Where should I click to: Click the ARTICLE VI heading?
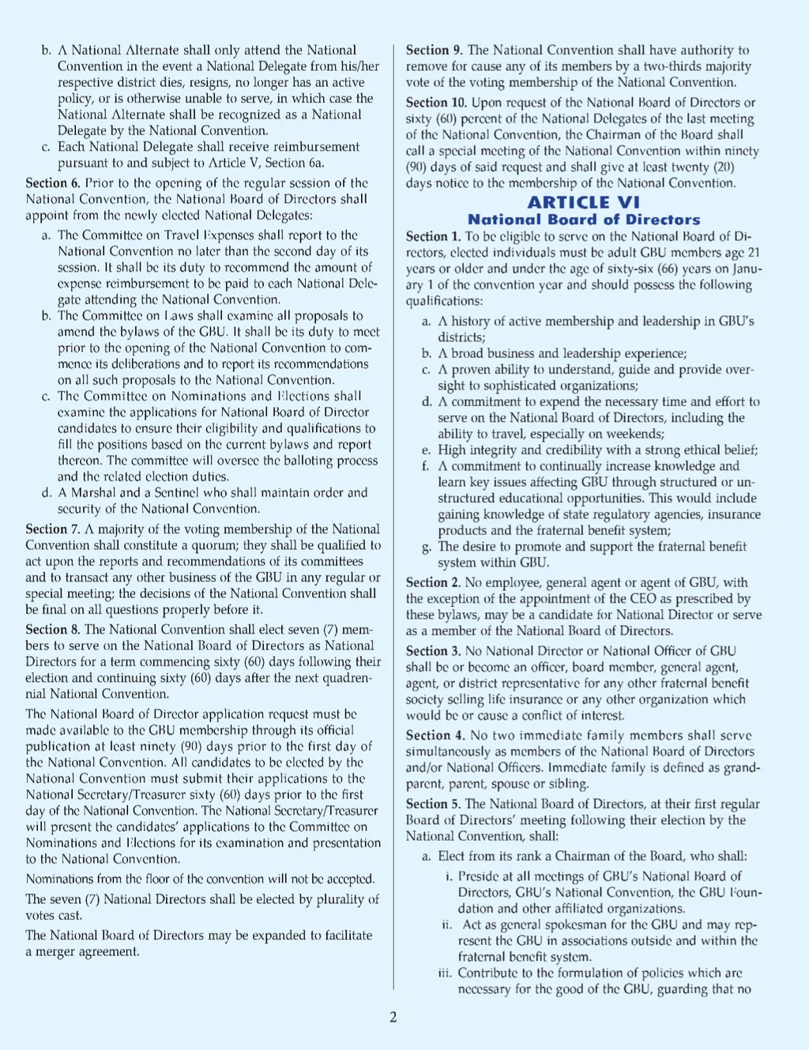coord(583,202)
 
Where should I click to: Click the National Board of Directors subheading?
coord(583,220)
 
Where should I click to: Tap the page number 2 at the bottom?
coord(393,1017)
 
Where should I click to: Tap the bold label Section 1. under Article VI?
coord(433,236)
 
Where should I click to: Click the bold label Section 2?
coord(433,583)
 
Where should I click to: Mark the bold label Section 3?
coord(433,651)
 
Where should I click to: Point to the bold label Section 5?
coord(433,804)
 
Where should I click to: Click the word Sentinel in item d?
coord(179,493)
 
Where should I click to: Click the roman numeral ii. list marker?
coord(446,924)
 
